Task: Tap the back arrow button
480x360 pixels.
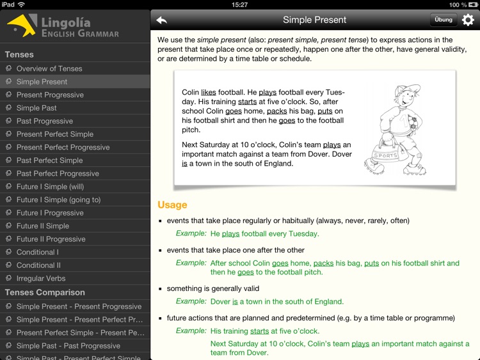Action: coord(162,20)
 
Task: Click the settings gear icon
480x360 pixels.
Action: coord(468,20)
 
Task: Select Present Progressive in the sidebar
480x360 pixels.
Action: coord(50,95)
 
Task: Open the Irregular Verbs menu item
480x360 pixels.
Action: coord(40,278)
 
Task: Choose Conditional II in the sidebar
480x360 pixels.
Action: coord(38,265)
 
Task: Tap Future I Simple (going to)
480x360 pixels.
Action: coord(58,200)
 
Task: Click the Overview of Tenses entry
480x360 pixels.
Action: coord(49,68)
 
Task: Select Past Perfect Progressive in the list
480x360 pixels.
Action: coord(58,173)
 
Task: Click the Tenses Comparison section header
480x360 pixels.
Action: coord(45,292)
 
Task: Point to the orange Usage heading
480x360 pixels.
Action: coord(172,205)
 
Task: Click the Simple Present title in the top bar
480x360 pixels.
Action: coord(314,20)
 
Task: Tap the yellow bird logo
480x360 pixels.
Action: coord(22,26)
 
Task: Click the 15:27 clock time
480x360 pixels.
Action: coord(239,4)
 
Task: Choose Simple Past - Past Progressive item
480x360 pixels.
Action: coord(68,346)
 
